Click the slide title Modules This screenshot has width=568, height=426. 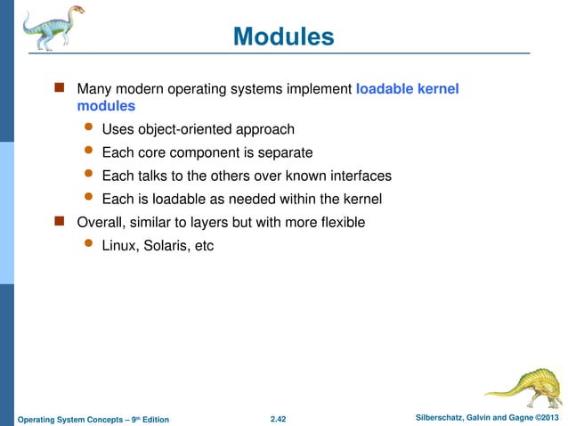[283, 37]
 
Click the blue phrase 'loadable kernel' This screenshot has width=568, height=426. [407, 89]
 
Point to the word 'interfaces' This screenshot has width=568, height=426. [358, 176]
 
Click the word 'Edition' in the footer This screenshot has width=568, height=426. [148, 419]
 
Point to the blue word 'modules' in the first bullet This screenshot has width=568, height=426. [106, 106]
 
